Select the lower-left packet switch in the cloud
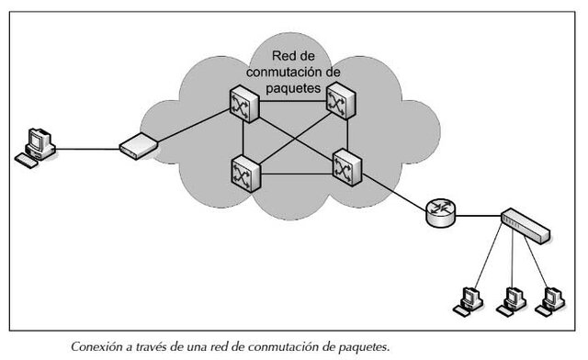tap(244, 171)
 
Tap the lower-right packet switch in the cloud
tap(347, 166)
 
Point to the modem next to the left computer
tap(137, 143)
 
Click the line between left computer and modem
tap(87, 145)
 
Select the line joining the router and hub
tap(478, 216)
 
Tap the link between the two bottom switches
tap(294, 170)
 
